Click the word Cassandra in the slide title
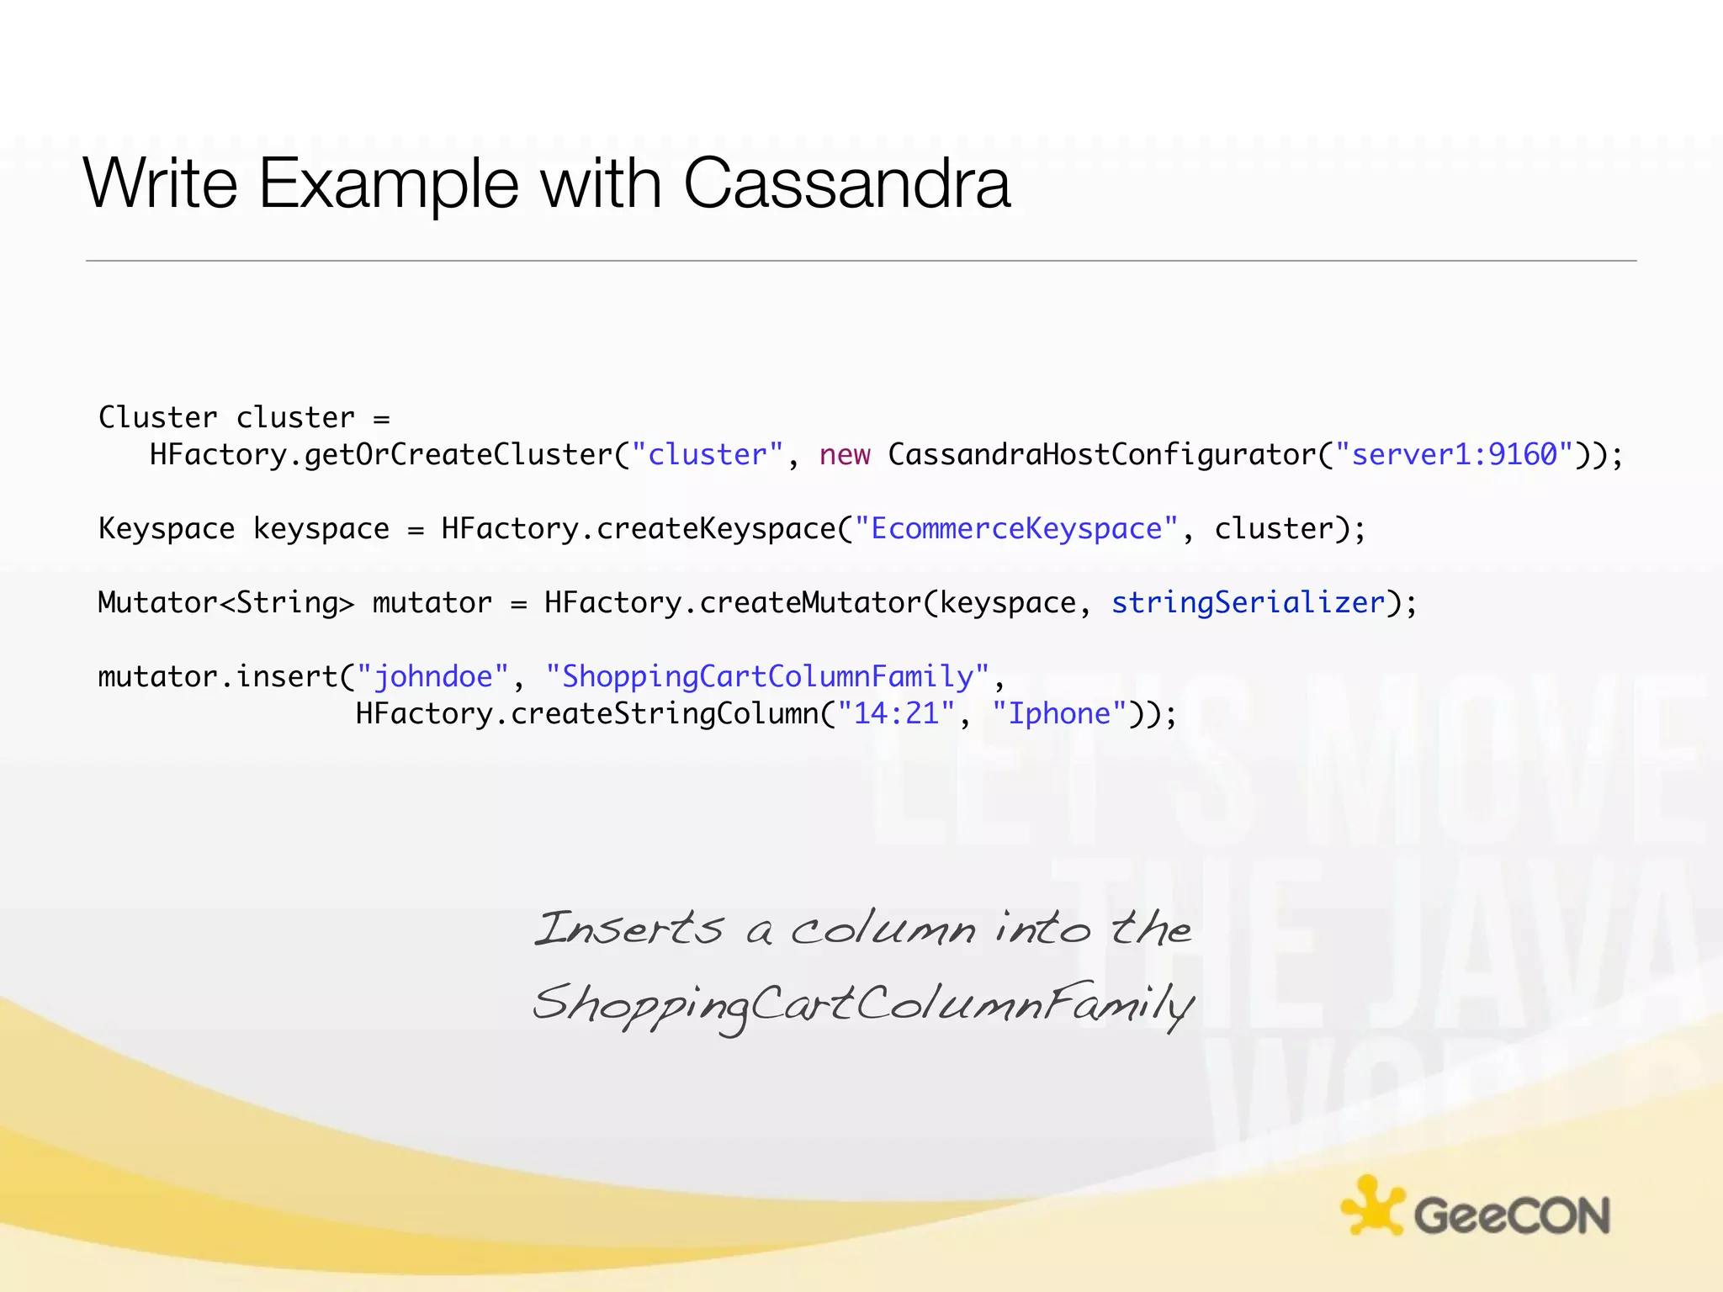846,183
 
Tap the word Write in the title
161,183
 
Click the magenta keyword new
844,455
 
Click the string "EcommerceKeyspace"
1015,529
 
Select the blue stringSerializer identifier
1248,603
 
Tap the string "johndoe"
432,677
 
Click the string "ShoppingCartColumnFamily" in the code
766,677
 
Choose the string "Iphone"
1059,714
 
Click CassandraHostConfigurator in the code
1101,455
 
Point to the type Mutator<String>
225,603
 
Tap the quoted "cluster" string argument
707,455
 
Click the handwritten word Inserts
628,929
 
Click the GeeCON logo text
1512,1215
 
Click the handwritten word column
883,929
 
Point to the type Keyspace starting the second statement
167,529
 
